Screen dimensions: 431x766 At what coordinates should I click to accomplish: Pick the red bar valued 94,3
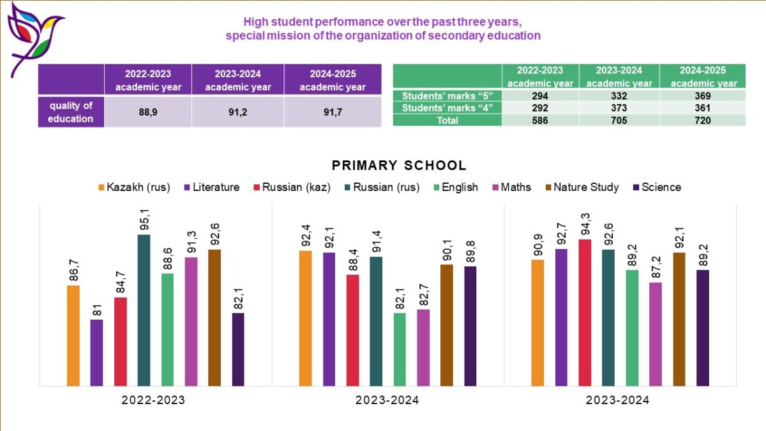585,313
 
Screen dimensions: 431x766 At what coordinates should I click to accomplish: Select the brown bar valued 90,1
447,325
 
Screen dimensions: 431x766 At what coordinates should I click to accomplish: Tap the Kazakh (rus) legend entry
133,187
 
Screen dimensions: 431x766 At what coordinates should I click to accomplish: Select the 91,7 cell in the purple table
333,112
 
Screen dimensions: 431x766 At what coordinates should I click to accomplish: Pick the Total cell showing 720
702,120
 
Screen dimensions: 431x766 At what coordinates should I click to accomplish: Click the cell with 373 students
619,108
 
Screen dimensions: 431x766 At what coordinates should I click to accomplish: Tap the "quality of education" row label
71,112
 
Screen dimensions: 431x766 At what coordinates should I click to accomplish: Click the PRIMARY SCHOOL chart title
399,165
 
